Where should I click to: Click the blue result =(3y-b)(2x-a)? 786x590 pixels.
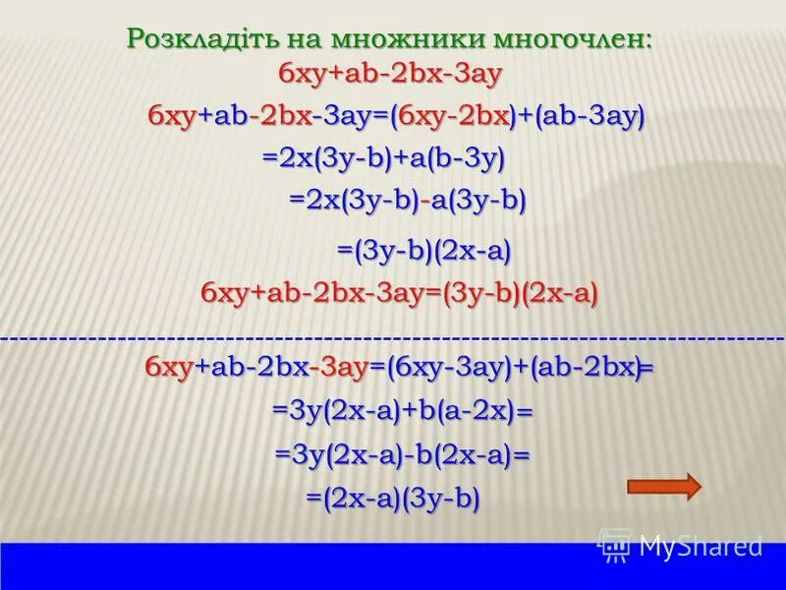424,252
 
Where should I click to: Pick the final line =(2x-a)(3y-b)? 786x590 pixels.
392,499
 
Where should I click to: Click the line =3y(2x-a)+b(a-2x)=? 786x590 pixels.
402,411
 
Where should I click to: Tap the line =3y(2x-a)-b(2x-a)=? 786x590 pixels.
402,455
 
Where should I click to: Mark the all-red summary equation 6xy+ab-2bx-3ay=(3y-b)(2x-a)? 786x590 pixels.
399,293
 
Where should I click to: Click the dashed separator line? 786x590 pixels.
393,338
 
